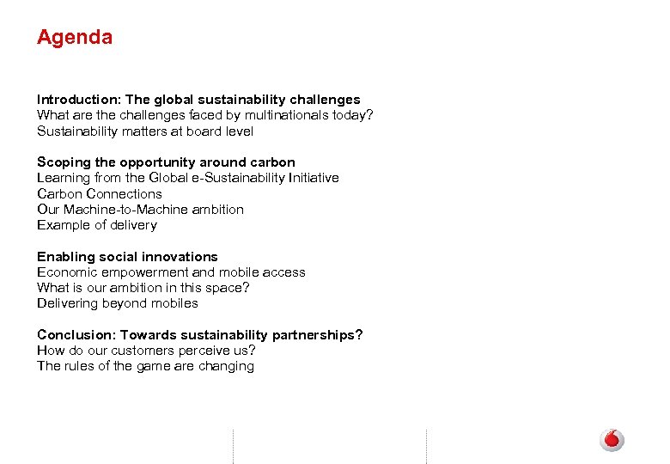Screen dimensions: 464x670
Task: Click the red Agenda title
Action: click(x=75, y=38)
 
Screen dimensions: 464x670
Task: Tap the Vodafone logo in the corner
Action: click(x=612, y=440)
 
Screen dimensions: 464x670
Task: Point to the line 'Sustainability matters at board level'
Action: click(x=145, y=131)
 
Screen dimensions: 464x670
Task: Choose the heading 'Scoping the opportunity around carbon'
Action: click(x=166, y=162)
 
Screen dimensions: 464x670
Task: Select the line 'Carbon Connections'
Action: click(x=100, y=193)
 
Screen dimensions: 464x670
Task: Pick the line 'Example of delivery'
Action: click(x=97, y=225)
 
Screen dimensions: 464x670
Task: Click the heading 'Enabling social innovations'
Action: click(x=127, y=257)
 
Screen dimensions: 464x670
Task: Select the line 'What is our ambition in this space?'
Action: click(x=143, y=288)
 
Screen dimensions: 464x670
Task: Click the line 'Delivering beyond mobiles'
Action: click(x=118, y=303)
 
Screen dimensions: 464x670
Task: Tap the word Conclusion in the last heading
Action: click(x=74, y=335)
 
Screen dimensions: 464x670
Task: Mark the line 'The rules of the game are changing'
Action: click(x=145, y=366)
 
